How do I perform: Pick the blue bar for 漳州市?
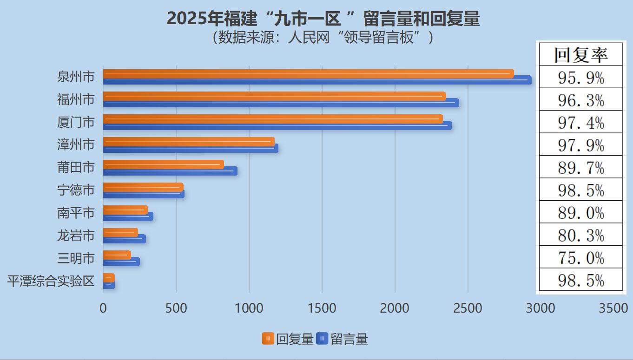tap(191, 148)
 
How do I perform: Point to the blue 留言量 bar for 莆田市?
tap(170, 171)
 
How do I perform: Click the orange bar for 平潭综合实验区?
tap(109, 278)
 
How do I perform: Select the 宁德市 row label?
tap(76, 190)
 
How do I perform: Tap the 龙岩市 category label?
tap(76, 236)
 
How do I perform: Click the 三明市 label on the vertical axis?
tap(76, 258)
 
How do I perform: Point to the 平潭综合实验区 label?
tap(51, 281)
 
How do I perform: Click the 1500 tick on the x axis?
tap(322, 308)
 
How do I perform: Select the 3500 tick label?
tap(613, 308)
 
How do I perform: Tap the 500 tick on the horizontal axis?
tap(176, 308)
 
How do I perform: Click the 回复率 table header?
tap(580, 54)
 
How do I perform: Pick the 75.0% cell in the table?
tap(580, 258)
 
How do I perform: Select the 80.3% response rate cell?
tap(580, 235)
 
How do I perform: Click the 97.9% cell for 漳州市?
tap(580, 145)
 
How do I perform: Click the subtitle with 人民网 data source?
tap(323, 37)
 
